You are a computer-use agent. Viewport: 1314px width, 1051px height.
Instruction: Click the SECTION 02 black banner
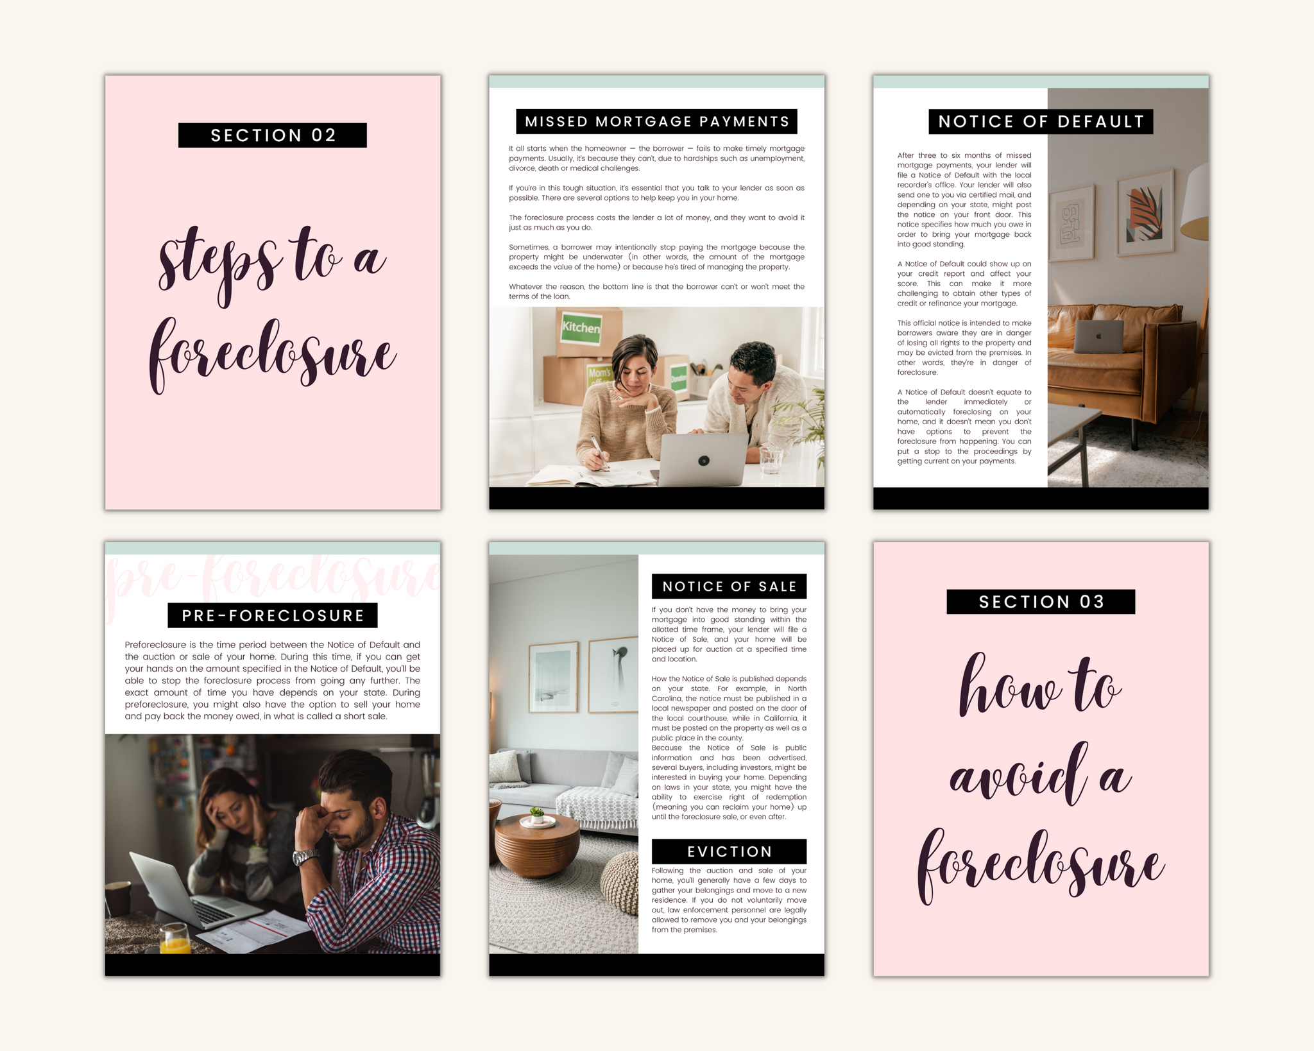273,135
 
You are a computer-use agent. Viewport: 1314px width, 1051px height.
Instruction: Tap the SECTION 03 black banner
1041,602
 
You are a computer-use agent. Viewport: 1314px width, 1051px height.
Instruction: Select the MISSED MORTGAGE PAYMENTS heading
656,121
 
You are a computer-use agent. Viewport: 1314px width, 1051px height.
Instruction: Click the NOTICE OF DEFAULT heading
1041,121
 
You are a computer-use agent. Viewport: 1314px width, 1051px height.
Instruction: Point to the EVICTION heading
729,851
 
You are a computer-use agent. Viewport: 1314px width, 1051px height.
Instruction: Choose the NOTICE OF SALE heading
729,586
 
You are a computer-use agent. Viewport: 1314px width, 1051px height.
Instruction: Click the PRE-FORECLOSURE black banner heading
273,615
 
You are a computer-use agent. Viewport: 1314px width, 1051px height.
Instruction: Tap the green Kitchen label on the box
581,327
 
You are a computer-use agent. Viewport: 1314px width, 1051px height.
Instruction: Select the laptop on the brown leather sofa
1099,336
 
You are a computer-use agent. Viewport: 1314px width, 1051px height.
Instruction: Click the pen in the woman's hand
599,454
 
